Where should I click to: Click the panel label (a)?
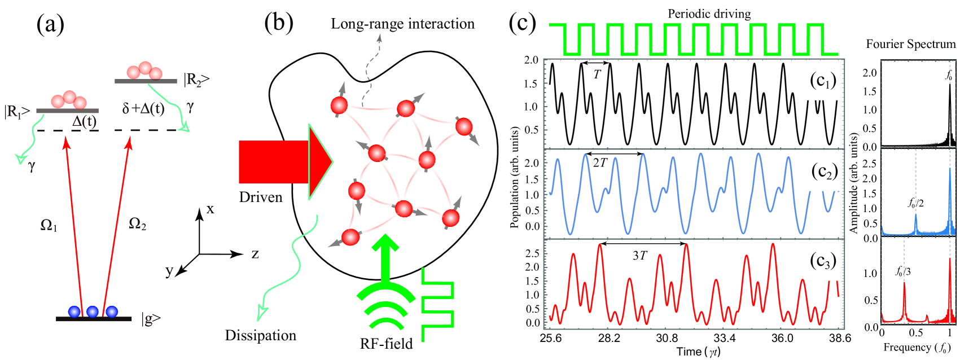[x=50, y=24]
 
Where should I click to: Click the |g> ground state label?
[x=151, y=319]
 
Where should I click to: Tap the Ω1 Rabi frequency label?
[x=49, y=225]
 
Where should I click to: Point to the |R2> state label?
[x=196, y=80]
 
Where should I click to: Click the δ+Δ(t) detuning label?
[x=143, y=108]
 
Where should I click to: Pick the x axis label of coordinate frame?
[x=211, y=209]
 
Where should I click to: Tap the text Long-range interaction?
[x=402, y=24]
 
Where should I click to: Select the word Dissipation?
[x=260, y=335]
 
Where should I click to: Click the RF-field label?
[x=386, y=344]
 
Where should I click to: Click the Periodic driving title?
[x=709, y=14]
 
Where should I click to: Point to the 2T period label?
[x=600, y=163]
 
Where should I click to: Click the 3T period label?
[x=639, y=256]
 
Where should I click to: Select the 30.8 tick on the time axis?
[x=667, y=338]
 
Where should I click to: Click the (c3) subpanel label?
[x=822, y=261]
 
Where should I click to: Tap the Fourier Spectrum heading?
[x=910, y=44]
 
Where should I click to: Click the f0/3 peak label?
[x=903, y=271]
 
